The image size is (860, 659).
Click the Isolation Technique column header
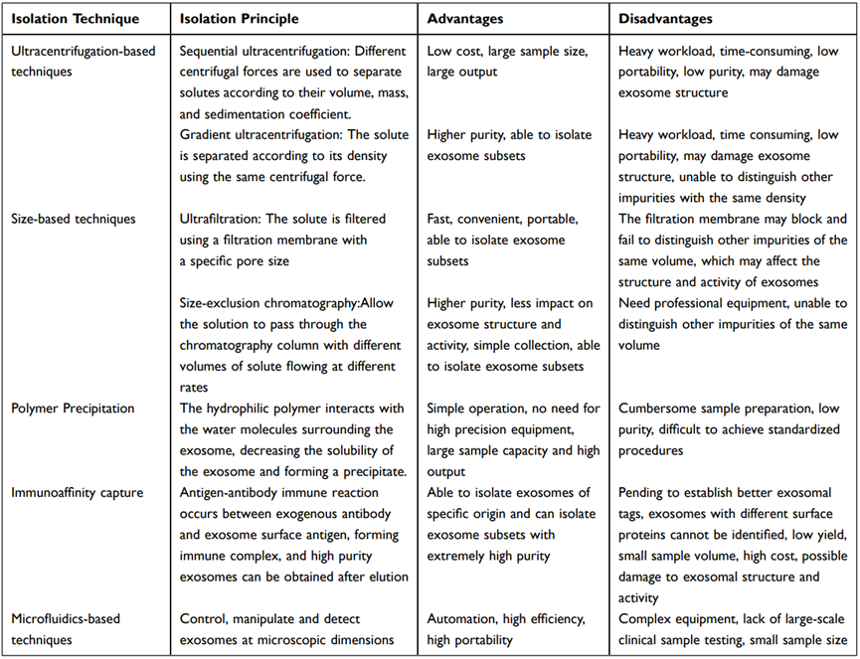tap(74, 19)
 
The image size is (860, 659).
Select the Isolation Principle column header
tap(239, 19)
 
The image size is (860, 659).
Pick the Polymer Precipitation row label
tap(73, 408)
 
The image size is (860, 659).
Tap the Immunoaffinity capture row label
tap(79, 493)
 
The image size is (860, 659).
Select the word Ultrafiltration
tap(217, 219)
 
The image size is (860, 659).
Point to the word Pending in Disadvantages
tap(642, 493)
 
